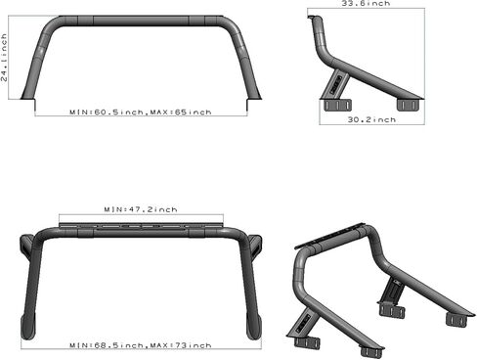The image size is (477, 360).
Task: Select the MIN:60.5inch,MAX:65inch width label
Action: tap(141, 112)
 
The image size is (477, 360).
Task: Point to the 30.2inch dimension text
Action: tap(372, 119)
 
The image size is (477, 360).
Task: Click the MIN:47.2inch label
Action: tap(141, 209)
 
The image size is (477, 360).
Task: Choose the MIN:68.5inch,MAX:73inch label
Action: tap(141, 345)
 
